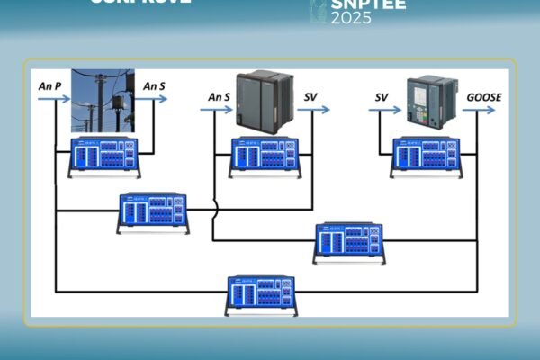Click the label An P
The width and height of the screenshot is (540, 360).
(50, 86)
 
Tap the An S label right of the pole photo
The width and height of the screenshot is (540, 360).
(155, 86)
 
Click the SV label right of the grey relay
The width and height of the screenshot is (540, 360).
(310, 96)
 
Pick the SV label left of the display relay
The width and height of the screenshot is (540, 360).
(382, 96)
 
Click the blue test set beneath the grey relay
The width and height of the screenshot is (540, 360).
(265, 155)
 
